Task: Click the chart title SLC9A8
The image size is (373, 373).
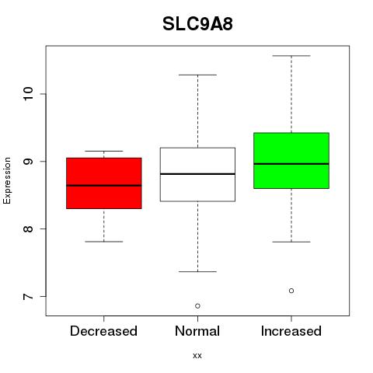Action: click(x=197, y=24)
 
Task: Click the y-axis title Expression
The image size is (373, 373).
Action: click(x=7, y=180)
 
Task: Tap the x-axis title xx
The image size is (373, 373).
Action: click(x=197, y=355)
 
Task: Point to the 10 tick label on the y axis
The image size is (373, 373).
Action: click(x=28, y=94)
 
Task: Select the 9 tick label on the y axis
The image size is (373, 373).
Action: click(x=28, y=161)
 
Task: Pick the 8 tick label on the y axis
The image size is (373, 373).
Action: click(x=28, y=228)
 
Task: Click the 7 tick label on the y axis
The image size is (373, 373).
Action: click(x=28, y=296)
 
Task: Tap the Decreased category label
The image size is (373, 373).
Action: click(x=103, y=331)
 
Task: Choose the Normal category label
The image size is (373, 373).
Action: click(x=197, y=331)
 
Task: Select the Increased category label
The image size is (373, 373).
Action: click(x=291, y=331)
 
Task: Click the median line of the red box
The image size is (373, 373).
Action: click(x=104, y=186)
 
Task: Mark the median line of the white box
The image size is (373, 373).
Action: click(x=197, y=174)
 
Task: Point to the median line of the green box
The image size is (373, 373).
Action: click(x=291, y=164)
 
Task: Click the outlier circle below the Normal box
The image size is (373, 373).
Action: click(x=197, y=306)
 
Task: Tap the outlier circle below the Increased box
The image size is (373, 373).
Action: click(x=291, y=291)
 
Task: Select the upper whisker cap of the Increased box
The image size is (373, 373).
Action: click(x=291, y=56)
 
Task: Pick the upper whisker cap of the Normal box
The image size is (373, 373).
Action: click(x=197, y=75)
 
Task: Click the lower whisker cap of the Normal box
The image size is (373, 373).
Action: click(x=197, y=271)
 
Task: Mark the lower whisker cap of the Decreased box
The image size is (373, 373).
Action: click(x=104, y=242)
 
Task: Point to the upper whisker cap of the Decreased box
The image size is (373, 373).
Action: click(x=104, y=151)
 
